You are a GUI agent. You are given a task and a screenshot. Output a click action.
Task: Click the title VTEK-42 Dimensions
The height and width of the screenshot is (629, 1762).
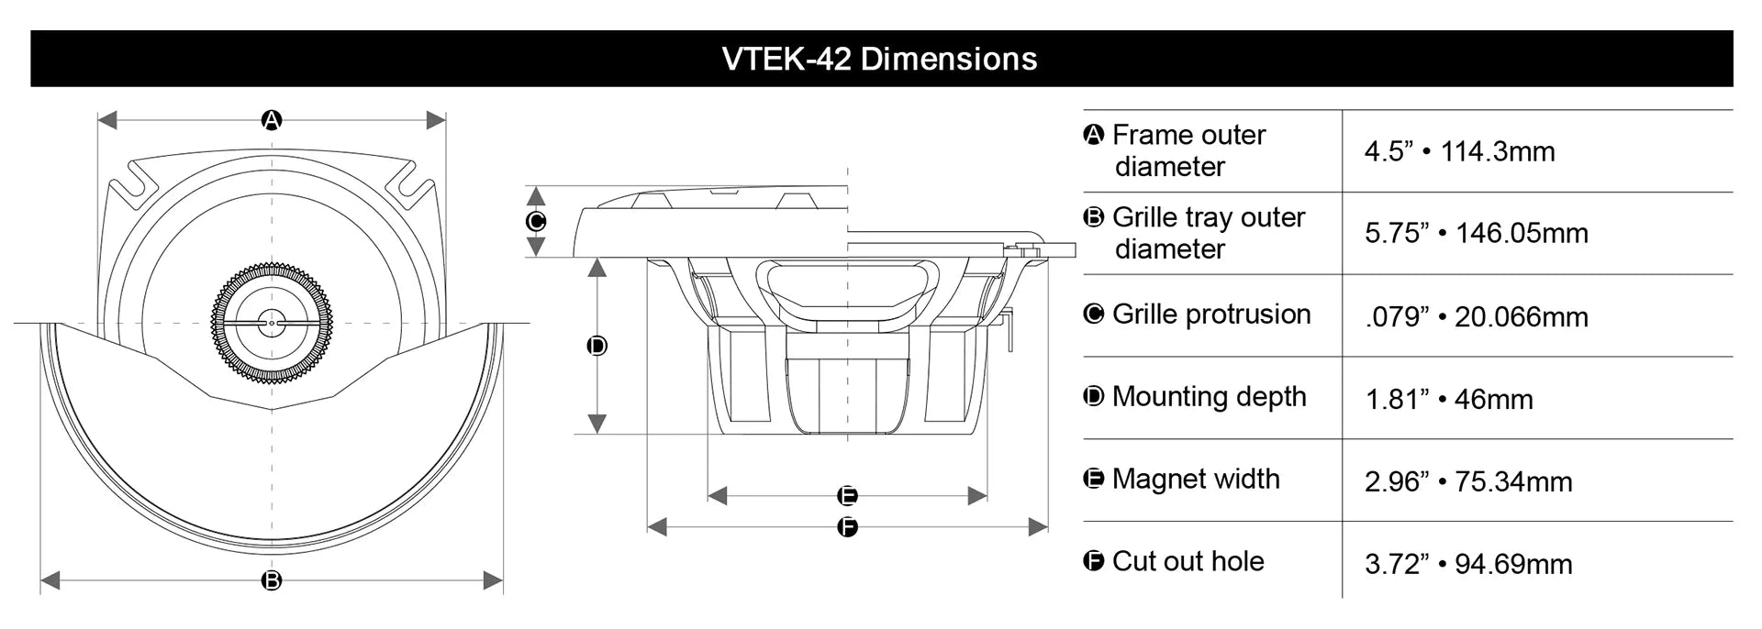click(879, 59)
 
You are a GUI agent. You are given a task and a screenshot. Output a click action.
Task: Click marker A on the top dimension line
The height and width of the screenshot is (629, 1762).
click(272, 120)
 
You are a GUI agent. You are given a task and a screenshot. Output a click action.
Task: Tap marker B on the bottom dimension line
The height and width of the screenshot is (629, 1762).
click(272, 580)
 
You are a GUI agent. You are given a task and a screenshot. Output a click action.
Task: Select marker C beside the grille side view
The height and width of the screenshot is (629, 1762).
click(536, 221)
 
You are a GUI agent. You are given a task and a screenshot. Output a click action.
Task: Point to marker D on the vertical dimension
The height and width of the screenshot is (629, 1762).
click(597, 346)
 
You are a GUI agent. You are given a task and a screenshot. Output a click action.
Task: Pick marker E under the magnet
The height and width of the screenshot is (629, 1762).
click(848, 496)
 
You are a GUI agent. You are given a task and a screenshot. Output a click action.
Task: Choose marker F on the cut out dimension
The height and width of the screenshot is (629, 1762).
click(848, 527)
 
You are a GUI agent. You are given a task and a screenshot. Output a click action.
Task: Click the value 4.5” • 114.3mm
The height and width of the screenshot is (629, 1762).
click(1459, 151)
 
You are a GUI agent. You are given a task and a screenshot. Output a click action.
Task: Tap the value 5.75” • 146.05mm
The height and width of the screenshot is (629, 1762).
click(1476, 233)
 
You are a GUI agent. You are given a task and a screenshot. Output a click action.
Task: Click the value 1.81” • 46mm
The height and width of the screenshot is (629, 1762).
click(1449, 400)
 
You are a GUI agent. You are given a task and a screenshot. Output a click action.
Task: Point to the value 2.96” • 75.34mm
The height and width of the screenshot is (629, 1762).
click(1468, 481)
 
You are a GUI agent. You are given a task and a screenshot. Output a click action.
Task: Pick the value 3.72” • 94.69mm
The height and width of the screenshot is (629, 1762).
click(1468, 564)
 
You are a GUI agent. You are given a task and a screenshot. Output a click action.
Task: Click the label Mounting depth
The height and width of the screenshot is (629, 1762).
click(1209, 397)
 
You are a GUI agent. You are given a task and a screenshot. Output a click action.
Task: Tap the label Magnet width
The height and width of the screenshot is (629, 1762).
click(1195, 479)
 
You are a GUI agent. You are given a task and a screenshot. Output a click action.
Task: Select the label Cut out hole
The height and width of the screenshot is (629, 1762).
click(1188, 561)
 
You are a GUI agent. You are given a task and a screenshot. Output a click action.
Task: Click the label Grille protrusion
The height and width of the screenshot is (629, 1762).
click(1210, 314)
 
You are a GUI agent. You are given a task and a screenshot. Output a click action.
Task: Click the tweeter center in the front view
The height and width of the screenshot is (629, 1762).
click(272, 323)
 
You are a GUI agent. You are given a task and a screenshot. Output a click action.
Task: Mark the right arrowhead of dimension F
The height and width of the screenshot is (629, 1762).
click(1039, 527)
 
